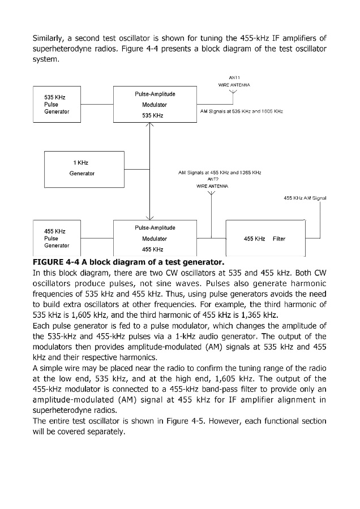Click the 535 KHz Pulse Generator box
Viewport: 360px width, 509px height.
57,105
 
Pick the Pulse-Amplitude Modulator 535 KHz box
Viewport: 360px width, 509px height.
155,105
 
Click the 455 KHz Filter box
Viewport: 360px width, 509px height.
265,239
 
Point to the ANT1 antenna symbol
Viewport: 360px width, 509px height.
234,94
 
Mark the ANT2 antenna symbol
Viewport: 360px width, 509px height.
212,195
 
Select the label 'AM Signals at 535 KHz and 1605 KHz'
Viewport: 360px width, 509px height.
242,112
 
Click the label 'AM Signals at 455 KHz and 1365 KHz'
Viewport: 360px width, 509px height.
219,172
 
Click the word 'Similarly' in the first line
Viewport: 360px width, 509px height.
50,38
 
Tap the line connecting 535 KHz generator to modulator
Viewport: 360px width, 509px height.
96,105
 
